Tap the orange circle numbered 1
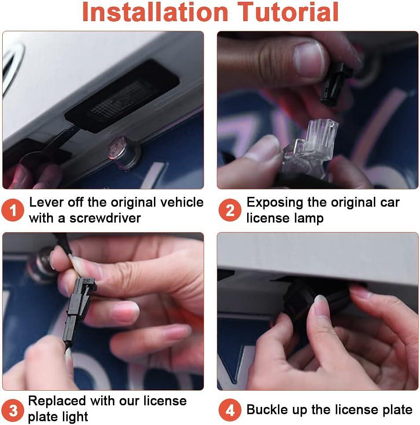point(13,210)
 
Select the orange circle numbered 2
point(230,210)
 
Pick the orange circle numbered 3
point(13,410)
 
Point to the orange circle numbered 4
point(230,410)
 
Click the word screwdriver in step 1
point(105,218)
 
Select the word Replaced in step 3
point(57,401)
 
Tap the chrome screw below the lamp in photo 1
point(125,152)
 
